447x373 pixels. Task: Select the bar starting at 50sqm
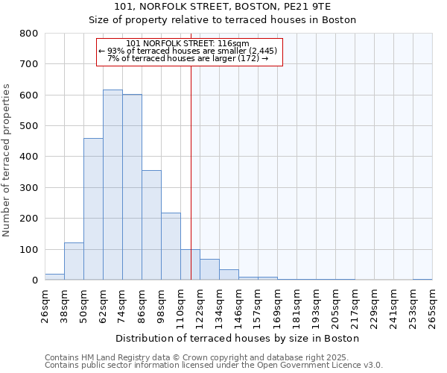[x=93, y=209]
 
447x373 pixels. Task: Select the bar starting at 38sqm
[x=74, y=261]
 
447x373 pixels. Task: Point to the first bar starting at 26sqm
[x=54, y=277]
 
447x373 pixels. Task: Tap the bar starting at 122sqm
[x=209, y=269]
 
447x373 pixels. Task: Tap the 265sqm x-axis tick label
[x=432, y=307]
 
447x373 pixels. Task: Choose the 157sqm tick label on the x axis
[x=258, y=307]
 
